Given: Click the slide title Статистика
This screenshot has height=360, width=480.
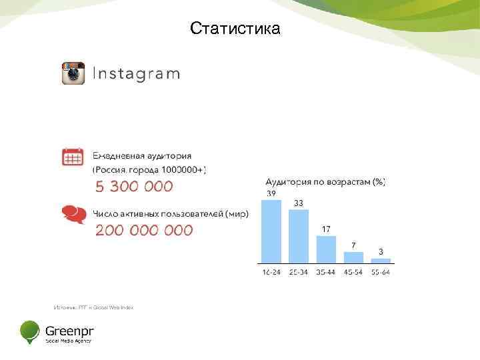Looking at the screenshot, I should click(x=235, y=29).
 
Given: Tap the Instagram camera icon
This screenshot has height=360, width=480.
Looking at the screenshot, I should click(x=73, y=73).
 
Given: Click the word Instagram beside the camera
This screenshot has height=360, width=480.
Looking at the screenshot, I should click(x=135, y=73).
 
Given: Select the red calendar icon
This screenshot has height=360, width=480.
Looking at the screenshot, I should click(x=73, y=157).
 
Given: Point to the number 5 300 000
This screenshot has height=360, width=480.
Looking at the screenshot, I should click(x=133, y=186).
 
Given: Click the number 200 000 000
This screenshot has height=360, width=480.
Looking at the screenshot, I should click(x=144, y=231).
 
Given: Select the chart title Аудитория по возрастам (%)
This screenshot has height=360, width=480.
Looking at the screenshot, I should click(x=325, y=181).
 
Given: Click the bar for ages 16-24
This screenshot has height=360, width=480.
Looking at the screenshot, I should click(x=271, y=231).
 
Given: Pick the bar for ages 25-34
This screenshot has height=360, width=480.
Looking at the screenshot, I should click(x=299, y=236).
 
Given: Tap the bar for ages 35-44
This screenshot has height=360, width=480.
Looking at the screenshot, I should click(x=326, y=249).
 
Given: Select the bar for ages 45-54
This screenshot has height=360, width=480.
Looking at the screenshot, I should click(x=353, y=257).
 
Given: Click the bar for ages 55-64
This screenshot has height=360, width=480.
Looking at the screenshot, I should click(x=381, y=260).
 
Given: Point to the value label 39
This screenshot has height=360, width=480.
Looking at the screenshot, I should click(x=271, y=193).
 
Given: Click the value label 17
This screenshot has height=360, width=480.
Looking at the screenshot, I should click(x=326, y=229).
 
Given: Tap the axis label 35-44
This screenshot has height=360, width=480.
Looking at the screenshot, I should click(x=326, y=272).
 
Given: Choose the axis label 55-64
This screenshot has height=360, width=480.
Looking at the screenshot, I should click(x=381, y=272).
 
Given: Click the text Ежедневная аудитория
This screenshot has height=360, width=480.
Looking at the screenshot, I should click(x=141, y=155).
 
